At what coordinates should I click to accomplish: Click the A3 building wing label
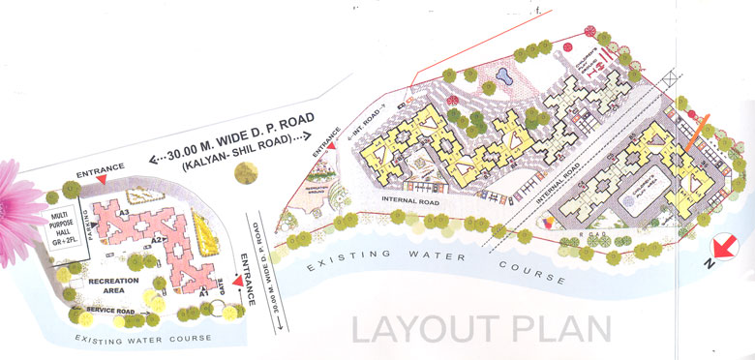coord(124,212)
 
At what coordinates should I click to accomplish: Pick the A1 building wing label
coord(204,290)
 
